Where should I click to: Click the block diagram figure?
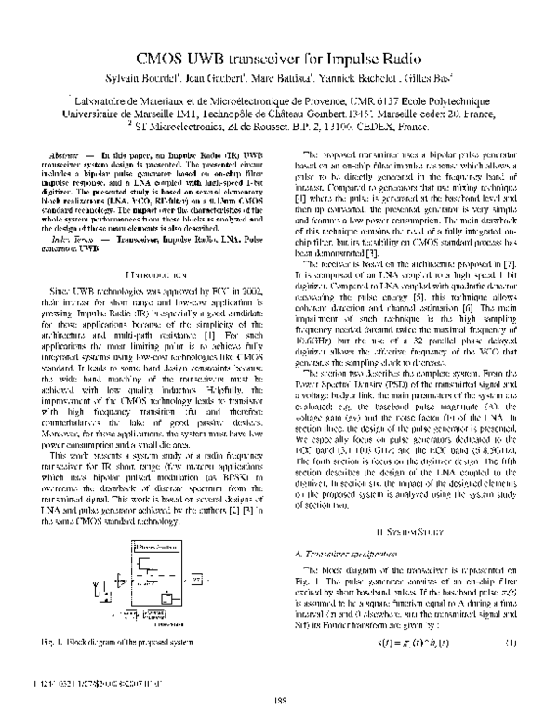click(150, 556)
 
